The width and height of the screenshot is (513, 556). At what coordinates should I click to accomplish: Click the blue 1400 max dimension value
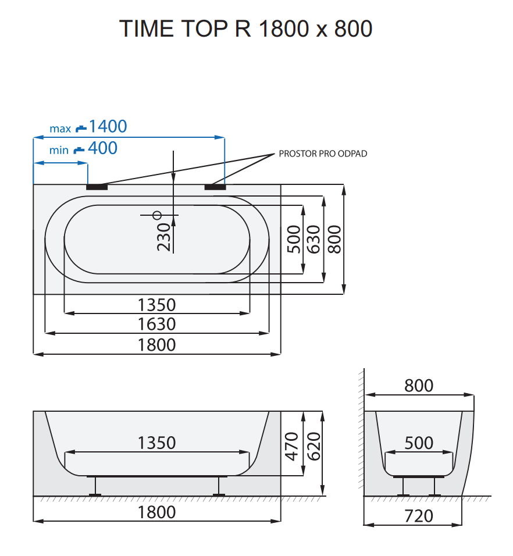(108, 126)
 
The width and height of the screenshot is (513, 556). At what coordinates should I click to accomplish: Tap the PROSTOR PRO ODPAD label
(323, 154)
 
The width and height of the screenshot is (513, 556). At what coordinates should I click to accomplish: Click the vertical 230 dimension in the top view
(164, 237)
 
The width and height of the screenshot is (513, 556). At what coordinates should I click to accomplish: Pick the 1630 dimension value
(156, 324)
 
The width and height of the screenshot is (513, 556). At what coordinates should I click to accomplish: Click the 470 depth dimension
(292, 445)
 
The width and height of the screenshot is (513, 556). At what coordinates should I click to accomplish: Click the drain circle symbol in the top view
(156, 215)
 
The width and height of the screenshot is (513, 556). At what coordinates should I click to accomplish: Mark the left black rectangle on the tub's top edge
(97, 187)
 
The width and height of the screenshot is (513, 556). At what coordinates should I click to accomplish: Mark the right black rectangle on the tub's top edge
(215, 187)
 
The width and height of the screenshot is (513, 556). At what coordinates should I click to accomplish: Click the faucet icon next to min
(79, 149)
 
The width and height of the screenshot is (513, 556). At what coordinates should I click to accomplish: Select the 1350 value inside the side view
(156, 443)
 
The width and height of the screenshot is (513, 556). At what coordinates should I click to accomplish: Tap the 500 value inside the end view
(419, 443)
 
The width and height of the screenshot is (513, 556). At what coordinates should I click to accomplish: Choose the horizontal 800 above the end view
(419, 386)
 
